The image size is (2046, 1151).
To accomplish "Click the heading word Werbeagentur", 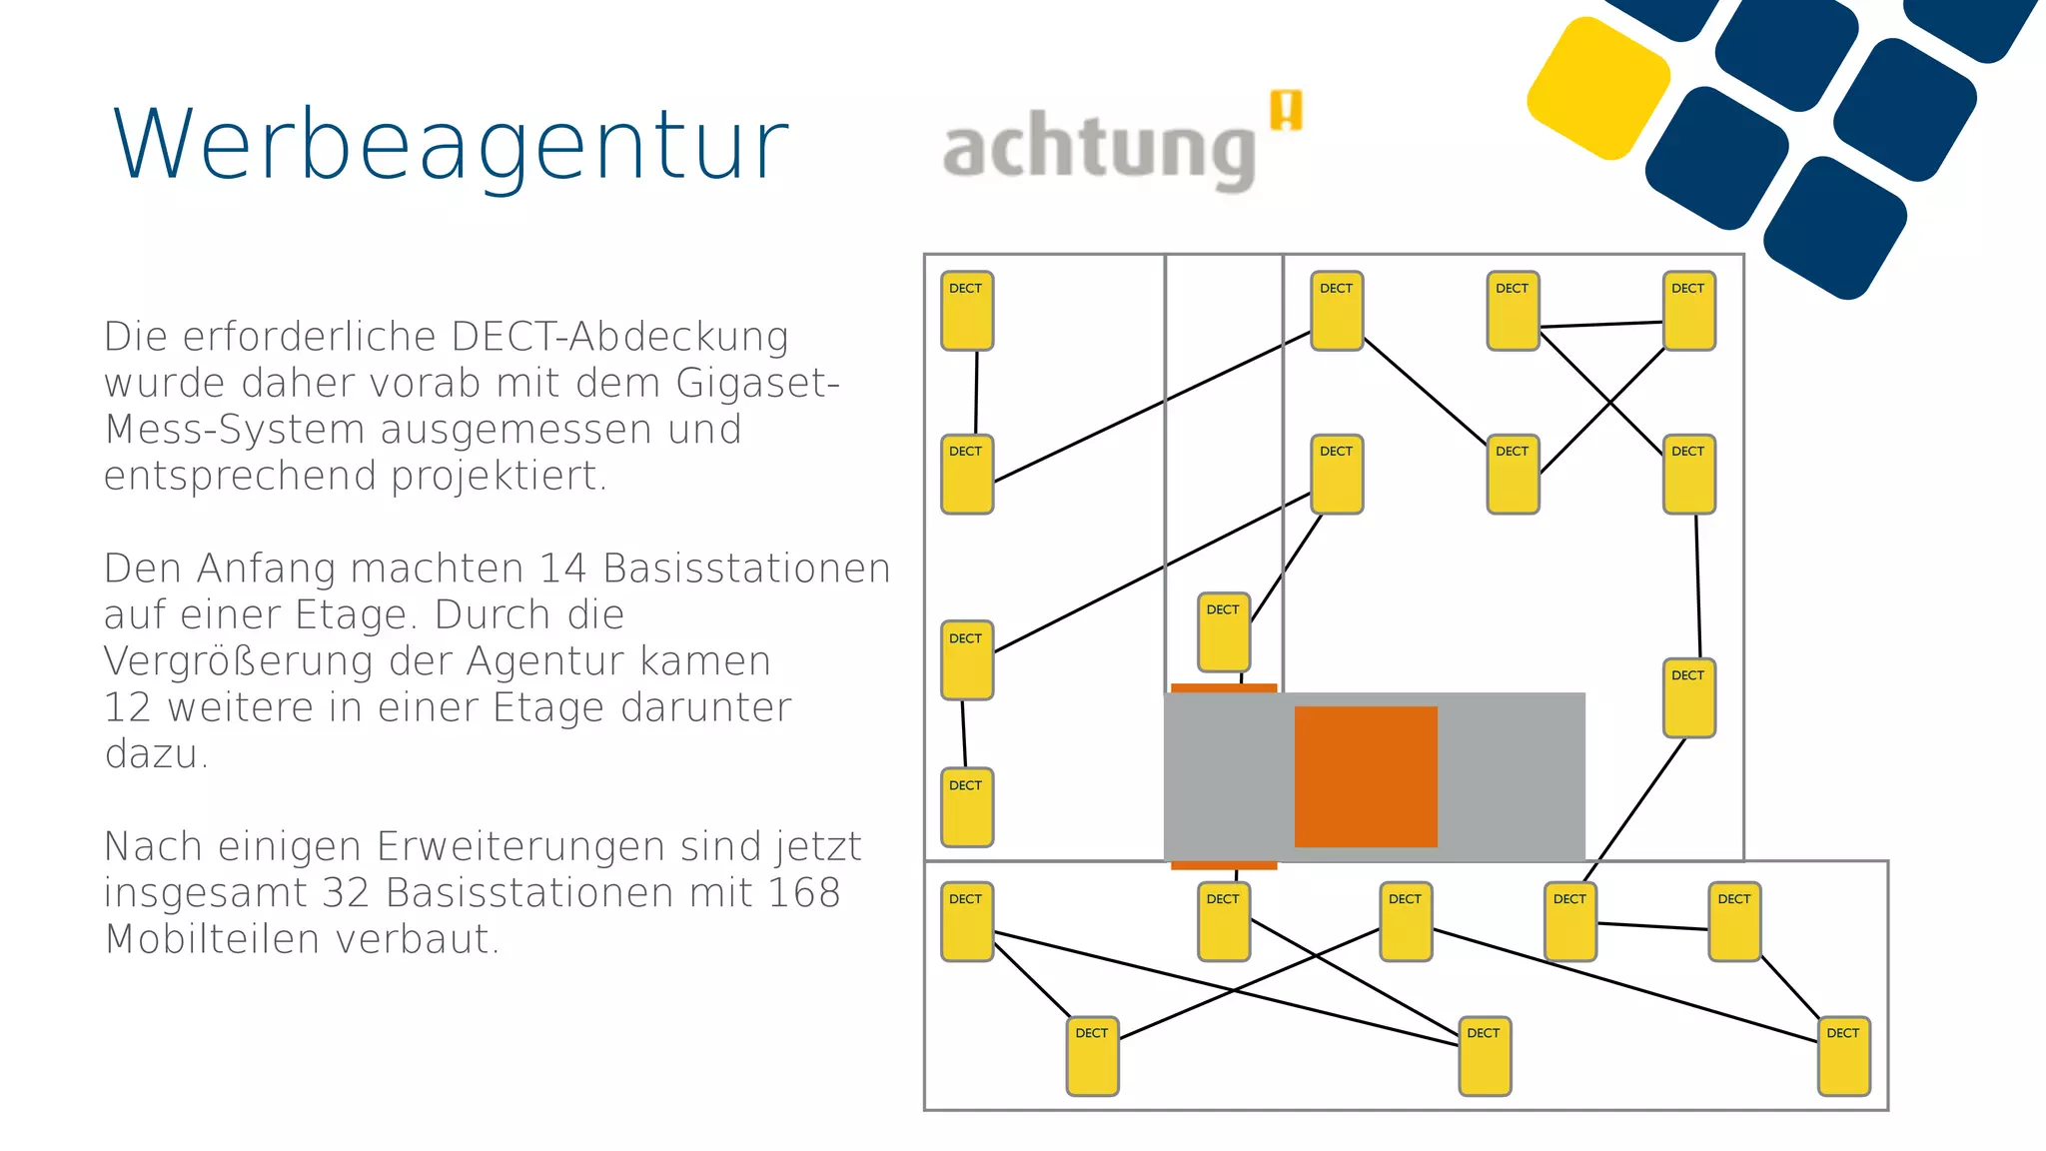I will pos(451,146).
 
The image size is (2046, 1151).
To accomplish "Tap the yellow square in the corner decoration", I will pos(1598,87).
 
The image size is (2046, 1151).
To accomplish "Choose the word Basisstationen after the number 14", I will pos(746,569).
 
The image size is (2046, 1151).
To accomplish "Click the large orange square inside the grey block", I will pos(1366,776).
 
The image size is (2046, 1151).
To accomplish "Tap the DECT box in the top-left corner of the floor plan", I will pos(967,310).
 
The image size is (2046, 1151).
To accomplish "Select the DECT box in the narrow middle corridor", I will pos(1224,631).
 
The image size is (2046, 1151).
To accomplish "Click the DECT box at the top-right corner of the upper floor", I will pos(1688,310).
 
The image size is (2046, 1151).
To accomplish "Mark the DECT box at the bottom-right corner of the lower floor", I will pos(1843,1055).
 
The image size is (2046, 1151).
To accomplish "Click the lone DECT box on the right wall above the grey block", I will pos(1688,697).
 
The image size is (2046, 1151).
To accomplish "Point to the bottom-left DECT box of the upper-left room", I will pos(967,806).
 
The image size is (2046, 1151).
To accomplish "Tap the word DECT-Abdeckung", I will pos(619,337).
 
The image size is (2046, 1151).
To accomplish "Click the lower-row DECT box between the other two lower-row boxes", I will pos(1485,1055).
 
